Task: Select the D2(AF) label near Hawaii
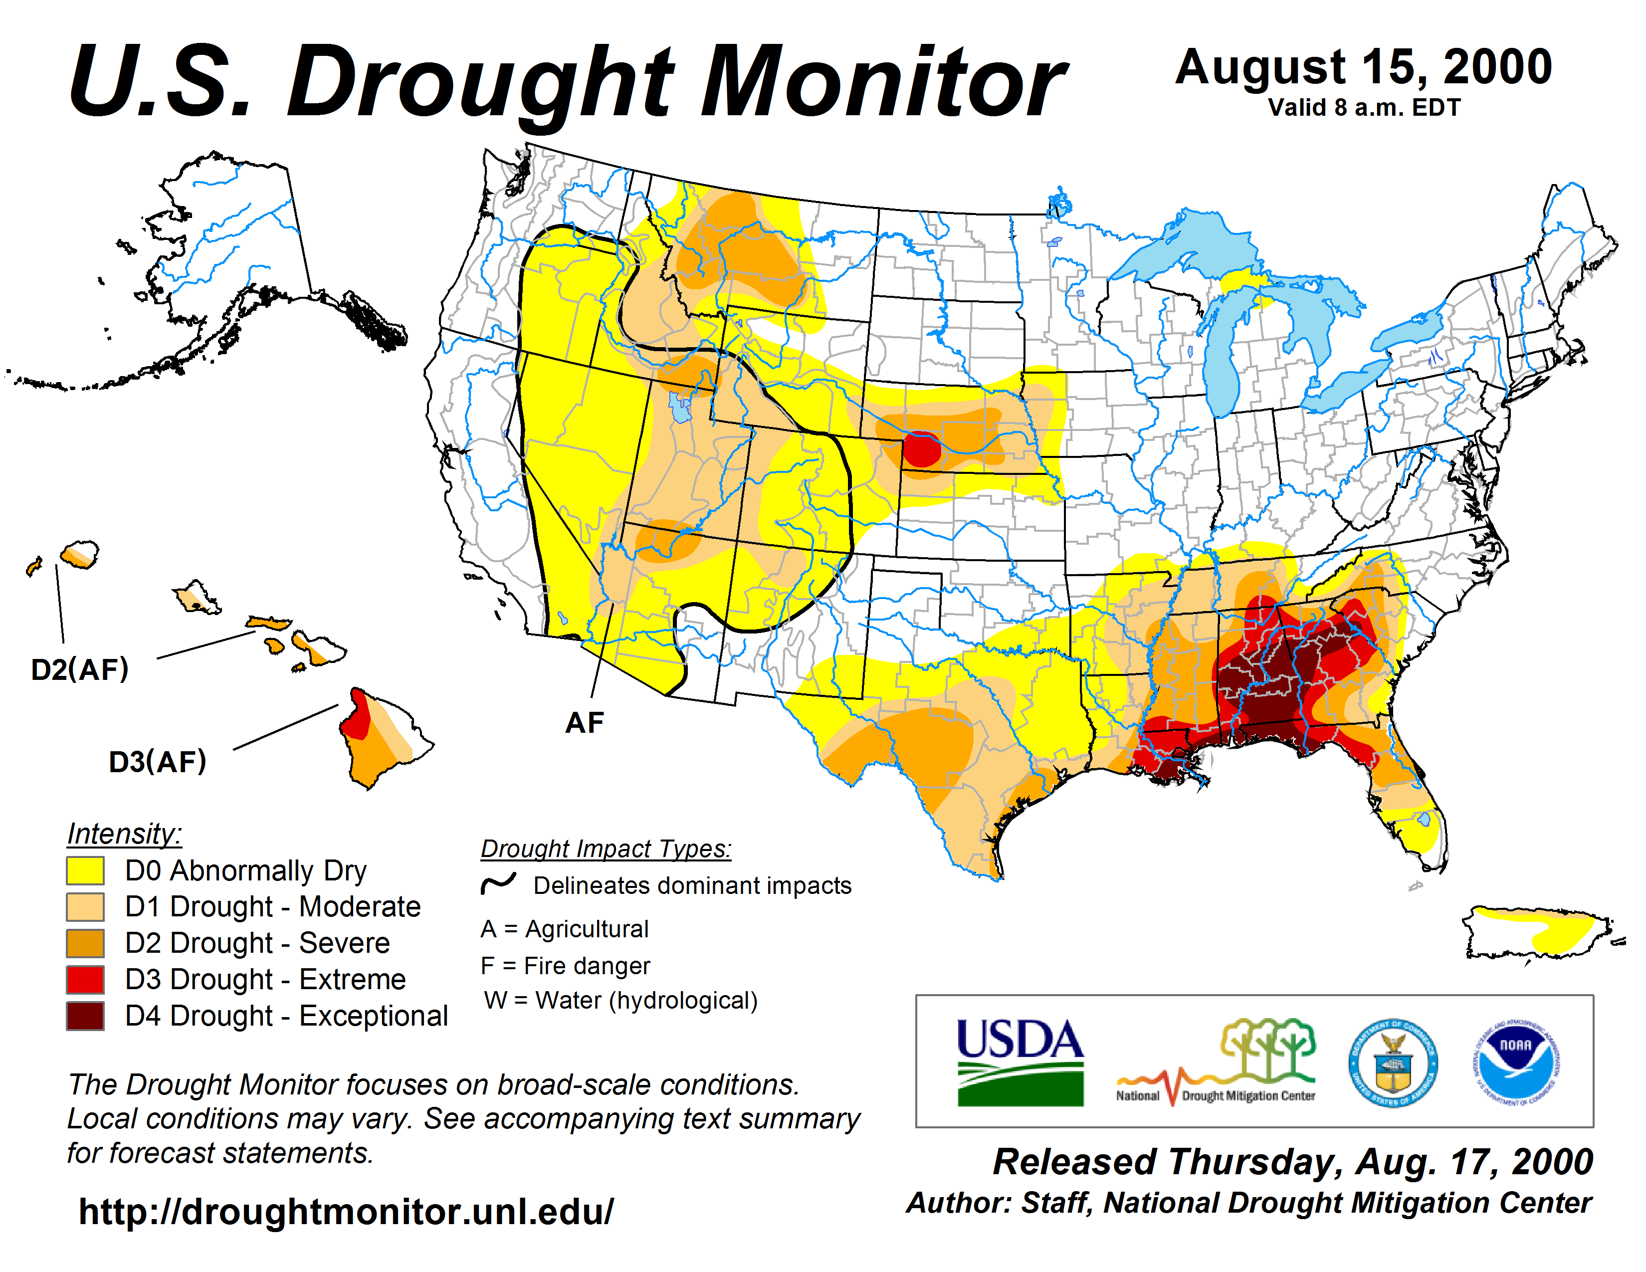pos(80,669)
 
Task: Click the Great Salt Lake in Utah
pos(680,407)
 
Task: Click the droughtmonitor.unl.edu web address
pos(346,1212)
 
